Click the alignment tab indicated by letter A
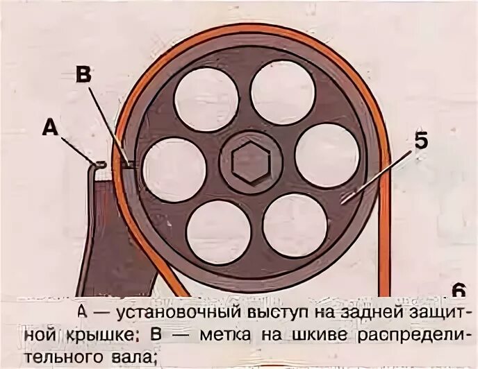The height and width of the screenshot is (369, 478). pos(99,164)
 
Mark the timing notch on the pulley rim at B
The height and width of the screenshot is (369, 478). pos(128,164)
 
